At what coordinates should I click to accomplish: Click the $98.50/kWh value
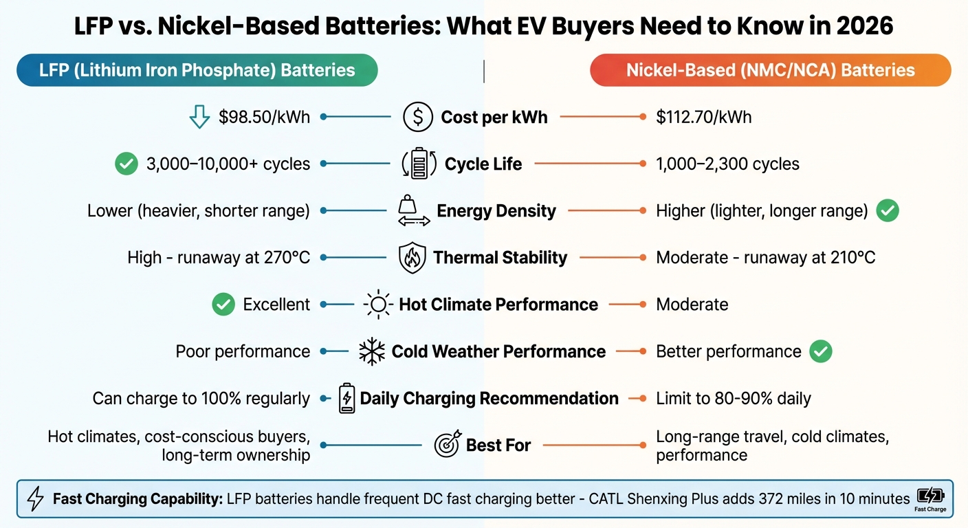[x=264, y=117]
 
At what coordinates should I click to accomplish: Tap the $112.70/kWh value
[x=703, y=117]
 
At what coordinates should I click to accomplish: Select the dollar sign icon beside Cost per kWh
[x=417, y=117]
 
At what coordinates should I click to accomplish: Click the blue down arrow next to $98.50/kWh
[x=199, y=117]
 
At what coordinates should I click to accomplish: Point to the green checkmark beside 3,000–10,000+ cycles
[x=126, y=164]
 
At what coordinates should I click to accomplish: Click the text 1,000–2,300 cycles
[x=727, y=164]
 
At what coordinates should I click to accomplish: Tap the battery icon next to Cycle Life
[x=419, y=164]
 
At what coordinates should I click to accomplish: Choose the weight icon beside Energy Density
[x=414, y=211]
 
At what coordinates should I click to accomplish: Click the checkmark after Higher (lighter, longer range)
[x=888, y=211]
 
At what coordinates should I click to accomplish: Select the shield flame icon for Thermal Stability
[x=412, y=258]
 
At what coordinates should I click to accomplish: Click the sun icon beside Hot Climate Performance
[x=377, y=305]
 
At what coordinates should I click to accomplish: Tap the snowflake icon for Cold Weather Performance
[x=372, y=352]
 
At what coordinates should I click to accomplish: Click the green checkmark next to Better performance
[x=821, y=351]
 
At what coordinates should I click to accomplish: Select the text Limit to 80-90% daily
[x=733, y=398]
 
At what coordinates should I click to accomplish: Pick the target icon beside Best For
[x=448, y=445]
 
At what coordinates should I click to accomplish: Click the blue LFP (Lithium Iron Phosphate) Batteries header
[x=197, y=70]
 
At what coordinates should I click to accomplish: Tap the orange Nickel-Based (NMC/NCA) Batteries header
[x=770, y=70]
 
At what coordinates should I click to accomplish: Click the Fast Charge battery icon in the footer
[x=929, y=497]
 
